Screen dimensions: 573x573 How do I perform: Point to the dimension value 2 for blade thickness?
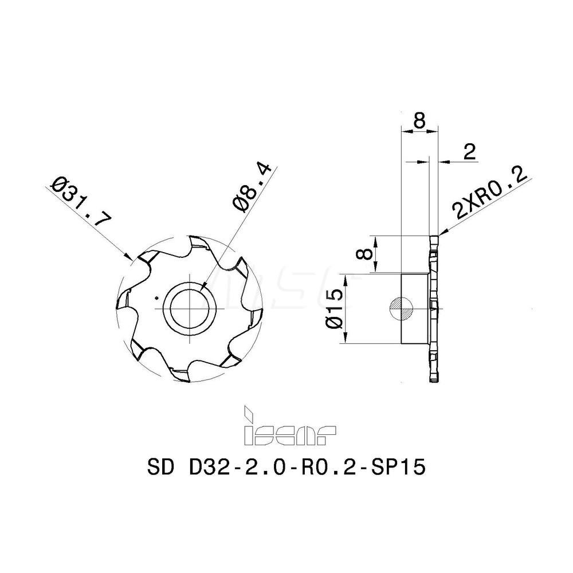469,151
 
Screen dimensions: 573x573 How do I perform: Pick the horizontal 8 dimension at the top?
420,120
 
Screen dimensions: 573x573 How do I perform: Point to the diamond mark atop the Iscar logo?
249,411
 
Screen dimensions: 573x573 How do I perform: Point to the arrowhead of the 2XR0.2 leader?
441,234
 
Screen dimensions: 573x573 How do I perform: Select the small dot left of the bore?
156,297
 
